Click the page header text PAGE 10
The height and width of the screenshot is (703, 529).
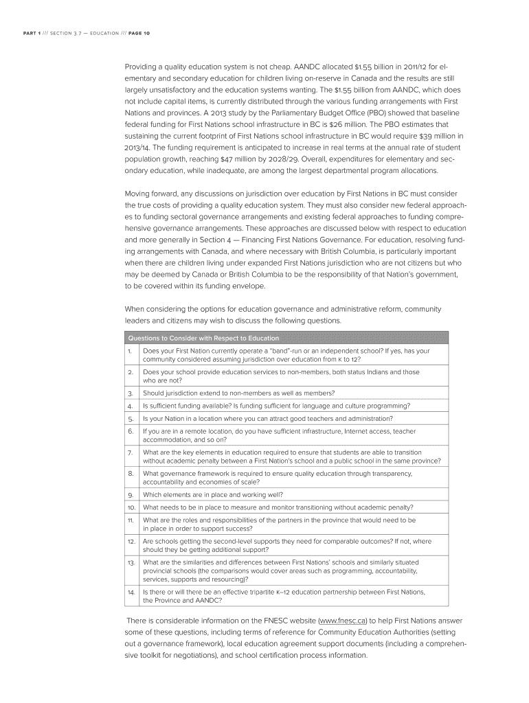(137, 34)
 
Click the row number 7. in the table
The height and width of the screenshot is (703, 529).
(130, 452)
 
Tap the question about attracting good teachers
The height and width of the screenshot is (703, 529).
(268, 418)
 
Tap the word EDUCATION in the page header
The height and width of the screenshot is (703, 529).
(100, 34)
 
